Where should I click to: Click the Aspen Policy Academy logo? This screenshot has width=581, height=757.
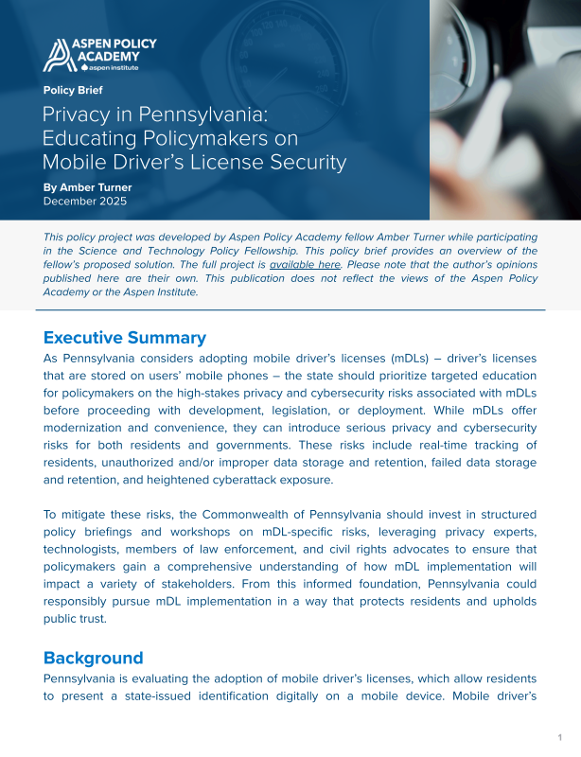[99, 55]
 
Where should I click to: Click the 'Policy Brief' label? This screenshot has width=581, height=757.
[73, 91]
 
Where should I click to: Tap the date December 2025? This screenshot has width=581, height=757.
[85, 202]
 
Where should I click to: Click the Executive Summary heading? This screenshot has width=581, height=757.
[125, 338]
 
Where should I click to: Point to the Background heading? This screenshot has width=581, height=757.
[94, 658]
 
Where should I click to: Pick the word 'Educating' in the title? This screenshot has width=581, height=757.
[88, 139]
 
